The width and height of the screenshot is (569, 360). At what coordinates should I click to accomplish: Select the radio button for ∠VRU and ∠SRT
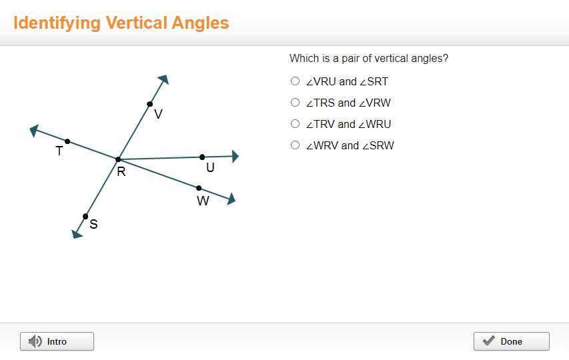click(295, 81)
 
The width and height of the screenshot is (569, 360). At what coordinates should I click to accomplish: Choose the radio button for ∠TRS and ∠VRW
click(295, 102)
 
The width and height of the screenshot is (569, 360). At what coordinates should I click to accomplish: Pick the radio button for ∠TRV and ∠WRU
click(295, 123)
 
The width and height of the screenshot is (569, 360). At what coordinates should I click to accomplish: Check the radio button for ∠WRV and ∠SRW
click(295, 145)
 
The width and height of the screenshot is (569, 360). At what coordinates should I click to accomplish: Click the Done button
click(512, 341)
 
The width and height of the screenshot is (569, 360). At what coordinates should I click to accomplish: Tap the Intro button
click(57, 341)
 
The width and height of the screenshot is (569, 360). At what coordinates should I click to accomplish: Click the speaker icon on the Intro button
click(35, 341)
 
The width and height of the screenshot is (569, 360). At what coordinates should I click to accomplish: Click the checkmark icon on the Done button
click(489, 341)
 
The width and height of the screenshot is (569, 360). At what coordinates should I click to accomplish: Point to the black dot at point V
click(149, 104)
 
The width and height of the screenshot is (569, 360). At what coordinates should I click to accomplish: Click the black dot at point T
click(67, 141)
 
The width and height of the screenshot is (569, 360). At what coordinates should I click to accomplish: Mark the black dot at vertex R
click(118, 159)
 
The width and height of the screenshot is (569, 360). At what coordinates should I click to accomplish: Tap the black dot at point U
click(202, 157)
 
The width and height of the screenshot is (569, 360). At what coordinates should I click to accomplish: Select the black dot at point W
click(199, 188)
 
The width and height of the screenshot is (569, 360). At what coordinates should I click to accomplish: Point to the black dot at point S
click(85, 217)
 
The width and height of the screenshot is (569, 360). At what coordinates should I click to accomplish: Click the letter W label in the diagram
click(203, 201)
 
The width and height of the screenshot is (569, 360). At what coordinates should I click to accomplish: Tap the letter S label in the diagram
click(93, 224)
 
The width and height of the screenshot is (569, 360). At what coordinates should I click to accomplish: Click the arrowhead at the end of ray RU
click(235, 156)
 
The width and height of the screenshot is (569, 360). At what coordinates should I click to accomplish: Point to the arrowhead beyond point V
click(163, 79)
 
